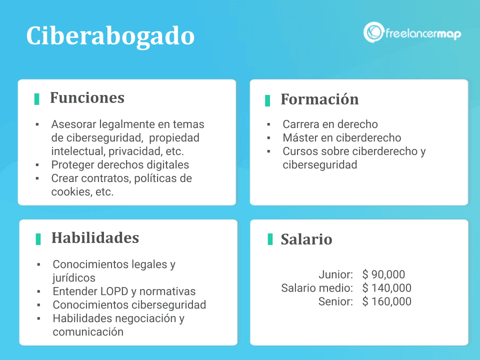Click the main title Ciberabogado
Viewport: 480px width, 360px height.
point(110,36)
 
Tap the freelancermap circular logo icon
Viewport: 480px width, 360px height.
point(373,32)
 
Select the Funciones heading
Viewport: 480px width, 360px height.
point(87,97)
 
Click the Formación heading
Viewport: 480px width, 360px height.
point(319,99)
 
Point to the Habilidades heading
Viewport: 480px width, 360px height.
point(95,237)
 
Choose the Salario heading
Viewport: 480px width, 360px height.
point(306,239)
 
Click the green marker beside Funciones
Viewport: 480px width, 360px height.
point(36,99)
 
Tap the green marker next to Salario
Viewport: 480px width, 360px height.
point(270,239)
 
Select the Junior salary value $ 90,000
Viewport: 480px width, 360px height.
point(383,274)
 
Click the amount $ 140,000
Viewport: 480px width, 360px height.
point(387,288)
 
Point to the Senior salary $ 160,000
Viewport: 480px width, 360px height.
point(387,301)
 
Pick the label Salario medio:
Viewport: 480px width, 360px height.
point(317,288)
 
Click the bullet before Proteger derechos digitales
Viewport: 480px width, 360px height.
point(37,164)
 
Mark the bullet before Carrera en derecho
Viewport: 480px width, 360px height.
point(268,124)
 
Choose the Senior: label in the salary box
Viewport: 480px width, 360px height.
point(335,301)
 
